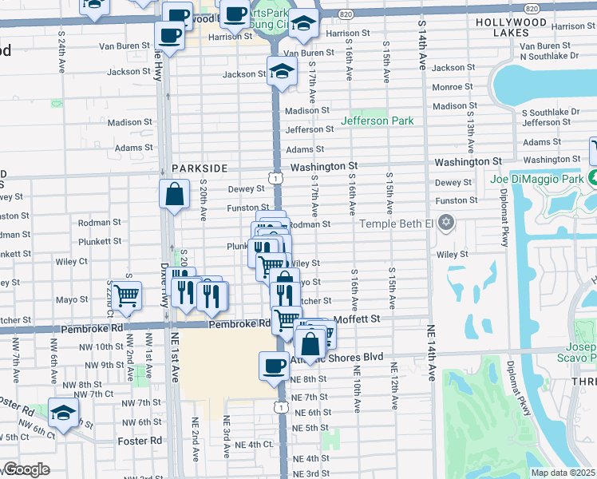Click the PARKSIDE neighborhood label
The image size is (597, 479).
pos(200,168)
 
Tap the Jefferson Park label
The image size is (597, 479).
pos(378,121)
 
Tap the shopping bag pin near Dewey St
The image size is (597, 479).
pos(174,195)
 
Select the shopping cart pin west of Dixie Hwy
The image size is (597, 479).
pos(126,295)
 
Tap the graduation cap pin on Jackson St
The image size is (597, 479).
pos(281,72)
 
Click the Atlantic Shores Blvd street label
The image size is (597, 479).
pos(348,357)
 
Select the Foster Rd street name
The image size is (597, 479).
pos(144,440)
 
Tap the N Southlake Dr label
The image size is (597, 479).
pos(549,57)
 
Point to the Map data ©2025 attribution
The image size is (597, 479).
pos(563,473)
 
